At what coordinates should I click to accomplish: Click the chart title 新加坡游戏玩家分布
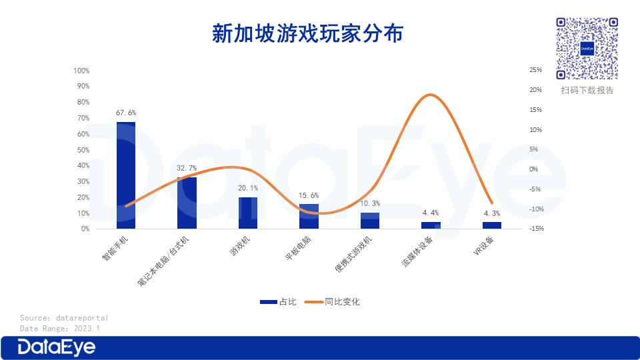point(308,33)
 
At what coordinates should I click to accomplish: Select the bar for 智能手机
point(126,175)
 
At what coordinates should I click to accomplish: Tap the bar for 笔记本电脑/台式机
point(187,203)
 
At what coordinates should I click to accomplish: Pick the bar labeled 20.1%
point(248,213)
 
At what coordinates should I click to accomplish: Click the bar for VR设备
point(492,225)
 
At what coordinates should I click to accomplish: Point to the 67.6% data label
point(126,113)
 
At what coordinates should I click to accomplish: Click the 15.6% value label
point(309,195)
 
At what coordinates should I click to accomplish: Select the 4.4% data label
point(431,213)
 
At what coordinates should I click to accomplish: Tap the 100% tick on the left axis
point(81,71)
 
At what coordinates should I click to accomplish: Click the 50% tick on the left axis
point(83,150)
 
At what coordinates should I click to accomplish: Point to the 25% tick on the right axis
point(536,70)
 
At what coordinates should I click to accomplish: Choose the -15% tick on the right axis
point(537,229)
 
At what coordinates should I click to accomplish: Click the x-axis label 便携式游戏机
point(353,254)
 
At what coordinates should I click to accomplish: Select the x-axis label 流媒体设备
point(417,251)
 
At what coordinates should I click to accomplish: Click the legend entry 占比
point(279,302)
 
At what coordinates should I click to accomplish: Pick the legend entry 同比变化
point(332,302)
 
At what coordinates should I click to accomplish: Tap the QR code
point(587,49)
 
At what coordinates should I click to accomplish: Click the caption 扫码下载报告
point(587,90)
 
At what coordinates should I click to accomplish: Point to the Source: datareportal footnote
point(64,318)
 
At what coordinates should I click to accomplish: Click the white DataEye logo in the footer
point(56,348)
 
